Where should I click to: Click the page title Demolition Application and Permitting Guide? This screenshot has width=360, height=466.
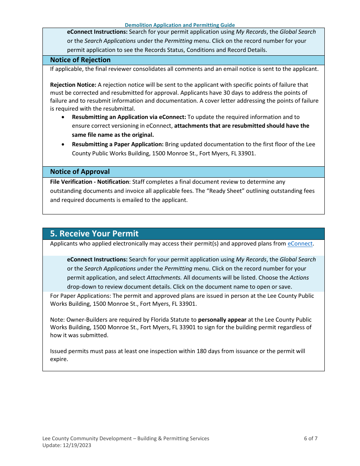(x=180, y=25)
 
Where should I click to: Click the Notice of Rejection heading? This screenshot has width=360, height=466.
(x=80, y=60)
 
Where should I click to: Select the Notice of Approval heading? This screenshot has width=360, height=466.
(x=80, y=172)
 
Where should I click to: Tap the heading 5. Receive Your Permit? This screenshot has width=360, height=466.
(x=94, y=233)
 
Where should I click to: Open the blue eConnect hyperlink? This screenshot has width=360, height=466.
(x=300, y=244)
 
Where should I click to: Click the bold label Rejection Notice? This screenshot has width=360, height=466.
(x=73, y=85)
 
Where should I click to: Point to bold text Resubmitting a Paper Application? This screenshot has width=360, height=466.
(x=118, y=144)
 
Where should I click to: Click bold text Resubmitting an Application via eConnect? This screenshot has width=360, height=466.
(x=129, y=117)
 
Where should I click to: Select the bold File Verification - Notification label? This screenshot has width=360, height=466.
(x=90, y=182)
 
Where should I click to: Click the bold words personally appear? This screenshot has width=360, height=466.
(x=222, y=320)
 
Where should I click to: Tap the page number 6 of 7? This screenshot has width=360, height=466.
(x=311, y=438)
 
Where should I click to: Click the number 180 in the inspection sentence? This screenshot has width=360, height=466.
(x=201, y=351)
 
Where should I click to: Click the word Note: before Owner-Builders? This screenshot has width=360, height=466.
(x=58, y=320)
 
